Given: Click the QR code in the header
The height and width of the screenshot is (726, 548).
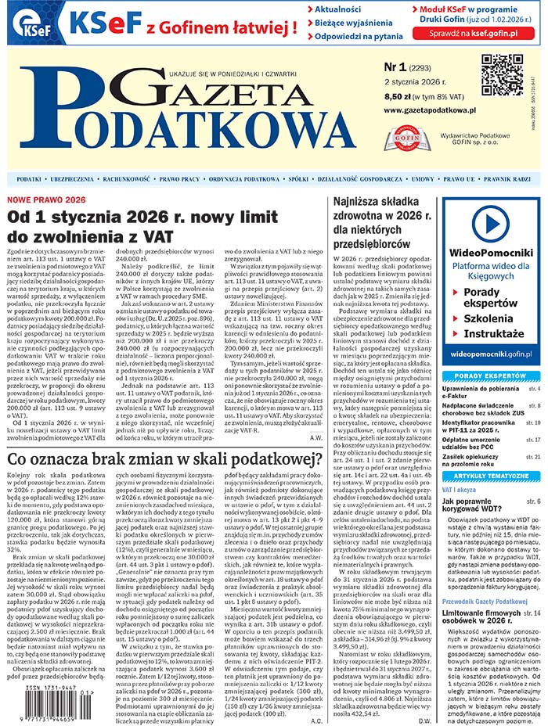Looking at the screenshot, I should click(x=501, y=75).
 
